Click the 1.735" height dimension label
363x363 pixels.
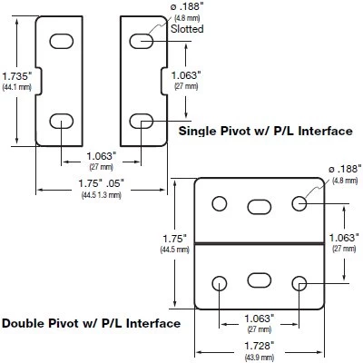tap(16, 75)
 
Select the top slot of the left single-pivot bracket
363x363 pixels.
tap(61, 41)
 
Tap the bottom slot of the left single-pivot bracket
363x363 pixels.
tap(61, 121)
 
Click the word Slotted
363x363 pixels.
tap(187, 29)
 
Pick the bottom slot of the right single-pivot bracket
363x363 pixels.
tap(142, 121)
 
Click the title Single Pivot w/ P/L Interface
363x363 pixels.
tap(265, 132)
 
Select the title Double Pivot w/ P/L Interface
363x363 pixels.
tap(91, 322)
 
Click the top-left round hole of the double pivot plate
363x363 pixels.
tap(218, 201)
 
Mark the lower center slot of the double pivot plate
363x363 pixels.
tap(260, 277)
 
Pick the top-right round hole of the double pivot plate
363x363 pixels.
tap(300, 201)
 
